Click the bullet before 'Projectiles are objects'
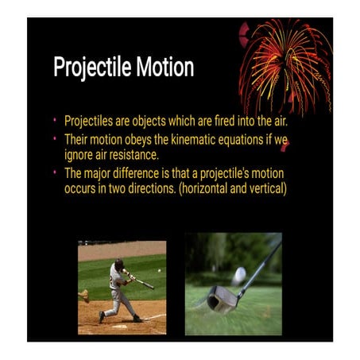(56, 124)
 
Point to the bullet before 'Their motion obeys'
(56, 139)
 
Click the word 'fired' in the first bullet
(208, 124)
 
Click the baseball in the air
(159, 271)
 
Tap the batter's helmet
(119, 263)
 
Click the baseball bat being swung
(143, 281)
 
